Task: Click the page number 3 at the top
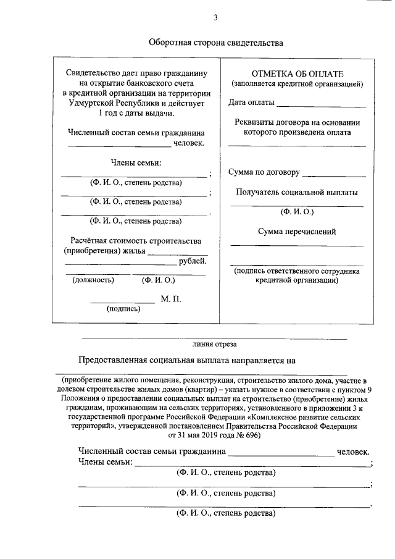(216, 17)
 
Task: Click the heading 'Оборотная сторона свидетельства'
(215, 43)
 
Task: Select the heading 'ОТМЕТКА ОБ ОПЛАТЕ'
(297, 74)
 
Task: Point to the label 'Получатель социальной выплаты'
(297, 192)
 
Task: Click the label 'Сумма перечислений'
(297, 232)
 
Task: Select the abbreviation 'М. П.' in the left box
(171, 299)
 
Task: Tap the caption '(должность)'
(93, 280)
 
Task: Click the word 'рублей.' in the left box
(192, 262)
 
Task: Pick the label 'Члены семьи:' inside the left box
(136, 162)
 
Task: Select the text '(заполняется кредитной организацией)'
(297, 83)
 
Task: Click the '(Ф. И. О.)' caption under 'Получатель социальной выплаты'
(297, 211)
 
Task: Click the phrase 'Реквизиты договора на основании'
(297, 122)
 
